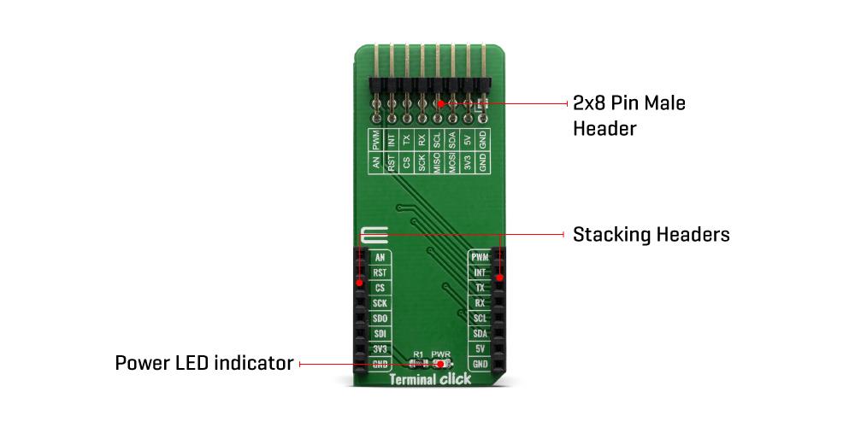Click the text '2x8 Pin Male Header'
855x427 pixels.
[628, 115]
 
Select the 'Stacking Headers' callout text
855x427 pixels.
[651, 234]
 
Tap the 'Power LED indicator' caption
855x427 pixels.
[204, 364]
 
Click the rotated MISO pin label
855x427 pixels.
[437, 163]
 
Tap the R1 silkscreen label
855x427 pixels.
[418, 353]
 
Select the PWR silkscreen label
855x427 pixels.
[440, 353]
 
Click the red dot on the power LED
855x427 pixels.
[441, 364]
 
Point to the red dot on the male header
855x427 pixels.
[440, 103]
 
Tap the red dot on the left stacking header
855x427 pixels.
[360, 283]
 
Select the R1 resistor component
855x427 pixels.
[418, 364]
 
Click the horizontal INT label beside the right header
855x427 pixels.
[480, 272]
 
